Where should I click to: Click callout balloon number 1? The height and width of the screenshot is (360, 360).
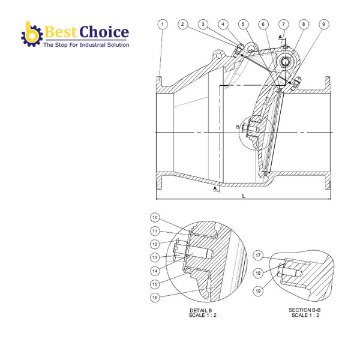pyautogui.click(x=163, y=25)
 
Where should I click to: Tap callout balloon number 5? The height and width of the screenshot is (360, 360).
pyautogui.click(x=243, y=25)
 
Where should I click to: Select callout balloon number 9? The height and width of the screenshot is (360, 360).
pyautogui.click(x=203, y=25)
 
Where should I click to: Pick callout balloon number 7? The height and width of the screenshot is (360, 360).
pyautogui.click(x=284, y=25)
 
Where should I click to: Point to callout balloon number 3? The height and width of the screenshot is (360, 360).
pyautogui.click(x=203, y=25)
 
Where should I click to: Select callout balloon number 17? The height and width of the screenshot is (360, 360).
pyautogui.click(x=257, y=254)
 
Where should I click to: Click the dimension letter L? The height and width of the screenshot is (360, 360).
pyautogui.click(x=243, y=196)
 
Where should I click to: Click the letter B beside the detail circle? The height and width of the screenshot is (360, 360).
pyautogui.click(x=238, y=127)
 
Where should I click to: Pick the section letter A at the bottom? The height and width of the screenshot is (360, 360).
pyautogui.click(x=214, y=188)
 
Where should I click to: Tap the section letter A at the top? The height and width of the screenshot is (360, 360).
pyautogui.click(x=280, y=37)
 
